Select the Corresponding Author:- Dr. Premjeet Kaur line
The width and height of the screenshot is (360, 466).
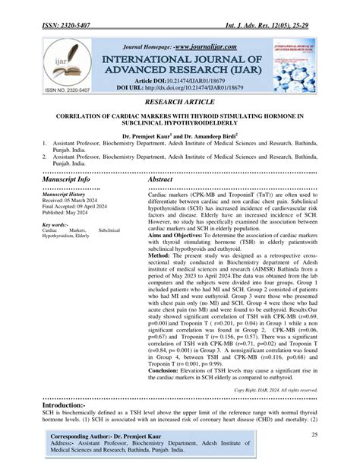click(x=111, y=439)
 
